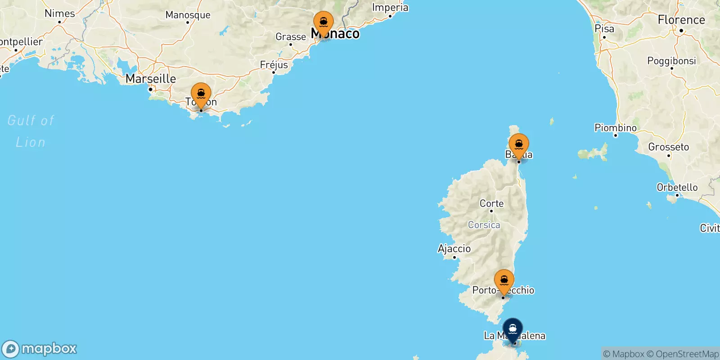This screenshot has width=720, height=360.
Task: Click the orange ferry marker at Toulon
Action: coord(201,94)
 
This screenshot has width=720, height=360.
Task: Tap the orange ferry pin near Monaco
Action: coord(323,22)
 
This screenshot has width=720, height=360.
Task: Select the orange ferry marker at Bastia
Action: coord(518,145)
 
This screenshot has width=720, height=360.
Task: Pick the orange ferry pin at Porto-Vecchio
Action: coord(504,281)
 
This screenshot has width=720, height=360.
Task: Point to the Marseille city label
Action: coord(151,79)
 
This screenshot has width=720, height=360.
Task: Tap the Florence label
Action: coord(681,20)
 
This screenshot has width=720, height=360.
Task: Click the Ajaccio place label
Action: coord(454,248)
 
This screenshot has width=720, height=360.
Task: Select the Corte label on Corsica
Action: coord(491,203)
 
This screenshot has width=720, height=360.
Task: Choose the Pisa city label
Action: coord(604,28)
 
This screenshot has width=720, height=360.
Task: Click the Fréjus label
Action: coord(274,65)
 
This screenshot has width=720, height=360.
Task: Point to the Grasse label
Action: coord(291,37)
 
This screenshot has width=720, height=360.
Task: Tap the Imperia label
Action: coord(390,8)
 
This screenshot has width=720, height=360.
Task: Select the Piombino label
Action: coord(616,128)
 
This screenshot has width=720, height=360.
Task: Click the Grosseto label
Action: coord(668,147)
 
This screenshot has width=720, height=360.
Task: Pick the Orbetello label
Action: coord(677,187)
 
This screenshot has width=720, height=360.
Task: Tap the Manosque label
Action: coord(188,15)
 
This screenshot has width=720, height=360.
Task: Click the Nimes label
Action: coord(60,13)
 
